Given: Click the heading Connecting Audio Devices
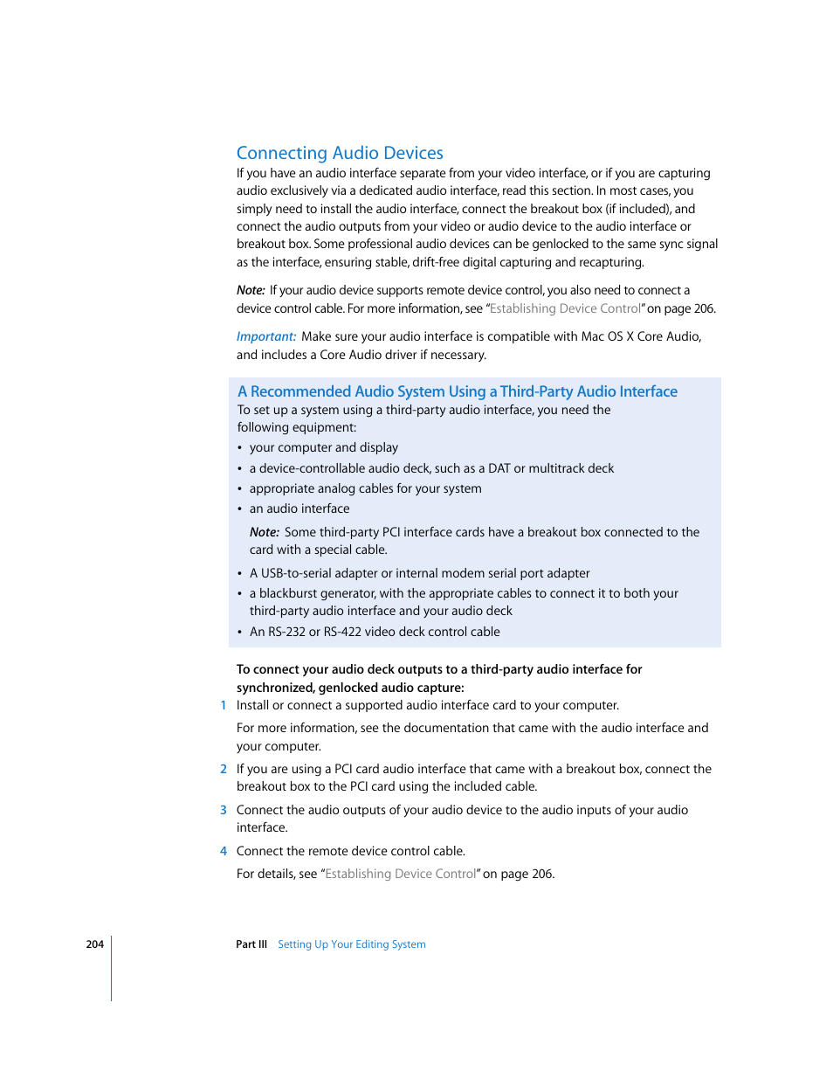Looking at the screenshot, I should pyautogui.click(x=340, y=153).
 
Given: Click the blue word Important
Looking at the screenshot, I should pyautogui.click(x=265, y=336).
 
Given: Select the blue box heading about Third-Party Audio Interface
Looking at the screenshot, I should pyautogui.click(x=457, y=391).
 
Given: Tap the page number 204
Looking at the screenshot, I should pyautogui.click(x=94, y=944).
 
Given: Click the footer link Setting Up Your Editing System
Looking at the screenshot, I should pyautogui.click(x=351, y=944).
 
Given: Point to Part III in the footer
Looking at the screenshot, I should pyautogui.click(x=251, y=944).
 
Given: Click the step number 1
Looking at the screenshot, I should pyautogui.click(x=224, y=706).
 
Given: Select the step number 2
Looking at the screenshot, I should pyautogui.click(x=224, y=770).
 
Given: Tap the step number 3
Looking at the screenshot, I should pyautogui.click(x=224, y=811).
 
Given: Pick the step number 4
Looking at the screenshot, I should pyautogui.click(x=224, y=852).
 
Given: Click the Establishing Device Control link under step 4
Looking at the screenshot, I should pyautogui.click(x=401, y=875).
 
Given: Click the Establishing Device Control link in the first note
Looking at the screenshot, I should pyautogui.click(x=565, y=308).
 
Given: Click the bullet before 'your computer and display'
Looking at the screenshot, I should pyautogui.click(x=240, y=448).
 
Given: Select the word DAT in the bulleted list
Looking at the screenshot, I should pyautogui.click(x=499, y=468).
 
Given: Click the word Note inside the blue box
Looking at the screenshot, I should pyautogui.click(x=264, y=532).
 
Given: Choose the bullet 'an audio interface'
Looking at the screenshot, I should pyautogui.click(x=299, y=508).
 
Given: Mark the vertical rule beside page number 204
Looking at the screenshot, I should pyautogui.click(x=112, y=968).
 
